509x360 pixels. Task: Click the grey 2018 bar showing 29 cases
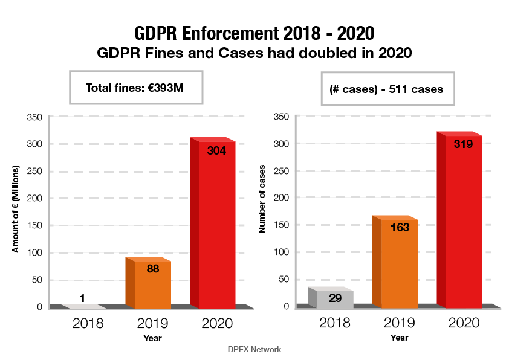(334, 298)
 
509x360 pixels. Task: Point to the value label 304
(216, 151)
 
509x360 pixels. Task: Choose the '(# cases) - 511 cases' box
(387, 89)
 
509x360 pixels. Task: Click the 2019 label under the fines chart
(152, 323)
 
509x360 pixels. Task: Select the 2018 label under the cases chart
(334, 323)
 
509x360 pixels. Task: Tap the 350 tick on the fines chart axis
(35, 117)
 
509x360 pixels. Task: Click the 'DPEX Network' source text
(254, 349)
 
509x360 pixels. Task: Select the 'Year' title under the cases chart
(399, 338)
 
